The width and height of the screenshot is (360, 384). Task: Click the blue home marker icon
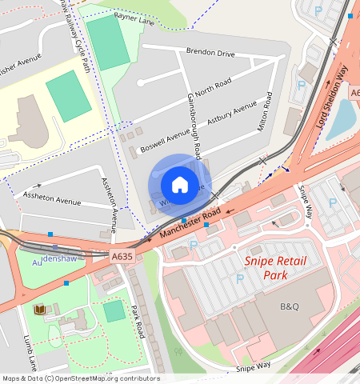pos(180,185)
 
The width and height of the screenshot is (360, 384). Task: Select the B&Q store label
pos(289,306)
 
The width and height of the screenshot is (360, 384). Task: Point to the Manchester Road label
pos(189,224)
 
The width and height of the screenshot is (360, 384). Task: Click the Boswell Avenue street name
pos(164,136)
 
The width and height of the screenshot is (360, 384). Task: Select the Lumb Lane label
pos(32,352)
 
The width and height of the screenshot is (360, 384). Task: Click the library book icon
pos(40,309)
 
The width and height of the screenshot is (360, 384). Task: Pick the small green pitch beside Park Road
pos(114,310)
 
